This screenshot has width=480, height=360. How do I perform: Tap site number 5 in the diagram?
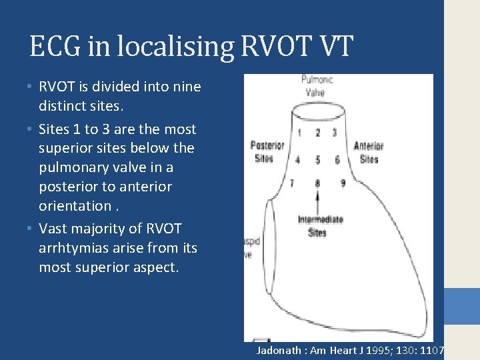pyautogui.click(x=317, y=160)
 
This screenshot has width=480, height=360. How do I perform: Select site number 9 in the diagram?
pyautogui.click(x=342, y=182)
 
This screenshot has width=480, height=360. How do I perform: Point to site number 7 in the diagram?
pyautogui.click(x=292, y=183)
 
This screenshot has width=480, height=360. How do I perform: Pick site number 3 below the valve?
pyautogui.click(x=334, y=133)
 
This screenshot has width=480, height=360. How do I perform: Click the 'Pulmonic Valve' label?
pyautogui.click(x=313, y=86)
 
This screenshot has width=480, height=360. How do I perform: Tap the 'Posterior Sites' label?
pyautogui.click(x=267, y=151)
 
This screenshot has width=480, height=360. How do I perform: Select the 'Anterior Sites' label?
pyautogui.click(x=367, y=152)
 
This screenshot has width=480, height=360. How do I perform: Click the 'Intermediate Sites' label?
pyautogui.click(x=321, y=226)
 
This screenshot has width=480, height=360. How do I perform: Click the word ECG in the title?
pyautogui.click(x=54, y=47)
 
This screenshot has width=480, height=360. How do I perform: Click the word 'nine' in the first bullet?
pyautogui.click(x=187, y=87)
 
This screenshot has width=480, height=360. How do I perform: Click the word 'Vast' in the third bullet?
pyautogui.click(x=54, y=229)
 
